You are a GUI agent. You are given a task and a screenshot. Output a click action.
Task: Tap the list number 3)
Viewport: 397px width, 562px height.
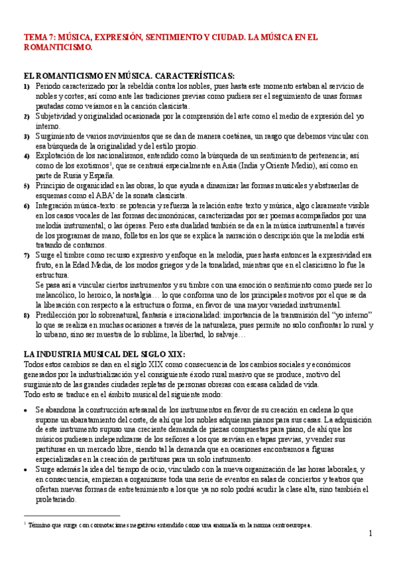[x=27, y=136]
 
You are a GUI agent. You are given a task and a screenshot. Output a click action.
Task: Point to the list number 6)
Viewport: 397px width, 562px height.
[x=27, y=206]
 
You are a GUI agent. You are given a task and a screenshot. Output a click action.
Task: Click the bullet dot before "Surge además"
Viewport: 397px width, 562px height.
[x=25, y=470]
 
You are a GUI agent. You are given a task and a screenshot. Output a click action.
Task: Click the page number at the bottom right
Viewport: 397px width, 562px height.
[x=370, y=534]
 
